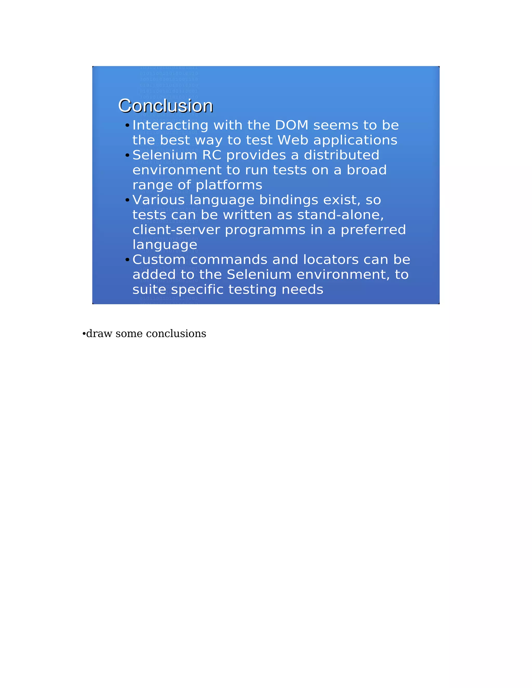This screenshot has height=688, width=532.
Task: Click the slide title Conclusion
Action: [x=165, y=106]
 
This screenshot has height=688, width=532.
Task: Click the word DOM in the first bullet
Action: [x=291, y=125]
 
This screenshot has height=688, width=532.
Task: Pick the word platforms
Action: [x=229, y=185]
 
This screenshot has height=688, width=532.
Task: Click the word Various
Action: [x=158, y=200]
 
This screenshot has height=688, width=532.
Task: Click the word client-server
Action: [x=176, y=230]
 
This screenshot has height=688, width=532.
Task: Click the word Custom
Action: [x=159, y=260]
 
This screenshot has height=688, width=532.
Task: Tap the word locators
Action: [x=331, y=260]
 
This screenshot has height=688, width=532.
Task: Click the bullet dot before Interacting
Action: [x=127, y=126]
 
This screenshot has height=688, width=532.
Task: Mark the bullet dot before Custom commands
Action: [x=127, y=260]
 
